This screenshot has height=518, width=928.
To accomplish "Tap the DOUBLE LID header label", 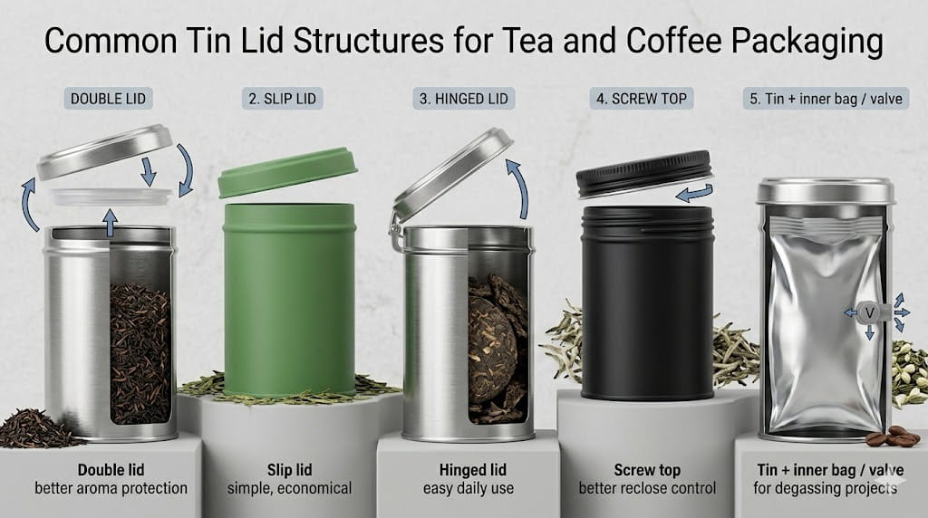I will (x=108, y=98).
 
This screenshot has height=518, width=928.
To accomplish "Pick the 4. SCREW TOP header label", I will (x=643, y=98).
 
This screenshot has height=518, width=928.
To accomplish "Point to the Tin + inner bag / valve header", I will (x=826, y=98).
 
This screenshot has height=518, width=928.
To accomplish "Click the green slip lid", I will (x=288, y=171).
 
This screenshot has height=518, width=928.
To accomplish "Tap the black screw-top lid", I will (x=644, y=172).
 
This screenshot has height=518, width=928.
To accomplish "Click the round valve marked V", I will (x=870, y=312).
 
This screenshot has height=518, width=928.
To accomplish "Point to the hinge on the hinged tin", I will (x=396, y=233).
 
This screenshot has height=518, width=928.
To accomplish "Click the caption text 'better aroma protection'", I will (x=111, y=489).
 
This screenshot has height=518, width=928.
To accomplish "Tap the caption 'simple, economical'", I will (x=291, y=489).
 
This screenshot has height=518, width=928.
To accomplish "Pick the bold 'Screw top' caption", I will (x=647, y=470).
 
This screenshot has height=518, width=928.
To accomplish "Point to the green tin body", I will (x=289, y=299).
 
